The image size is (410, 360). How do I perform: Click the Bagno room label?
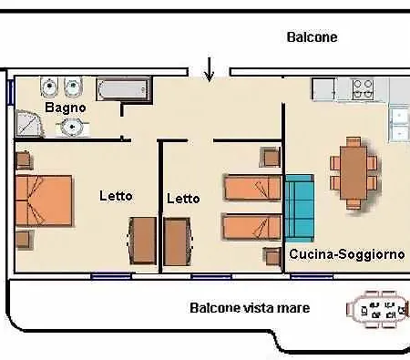point(66,108)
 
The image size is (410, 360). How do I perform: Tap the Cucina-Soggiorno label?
point(346,254)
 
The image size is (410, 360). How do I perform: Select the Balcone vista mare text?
point(250,308)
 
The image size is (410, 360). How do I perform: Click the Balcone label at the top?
point(312,37)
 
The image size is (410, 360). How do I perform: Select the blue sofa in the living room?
point(299,207)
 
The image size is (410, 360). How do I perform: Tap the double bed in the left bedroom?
point(44,201)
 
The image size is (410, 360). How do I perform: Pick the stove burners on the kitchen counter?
point(363,88)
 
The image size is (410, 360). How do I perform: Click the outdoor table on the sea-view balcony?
point(377,309)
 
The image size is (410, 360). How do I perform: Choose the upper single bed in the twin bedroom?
point(252,189)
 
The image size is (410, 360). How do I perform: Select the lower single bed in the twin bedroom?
point(252,226)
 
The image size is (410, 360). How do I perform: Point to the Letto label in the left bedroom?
point(116,195)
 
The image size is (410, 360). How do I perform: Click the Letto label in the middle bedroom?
point(183,198)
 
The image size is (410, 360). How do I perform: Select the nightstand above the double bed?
point(25,159)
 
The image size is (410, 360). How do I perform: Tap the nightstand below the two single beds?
point(271,255)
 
